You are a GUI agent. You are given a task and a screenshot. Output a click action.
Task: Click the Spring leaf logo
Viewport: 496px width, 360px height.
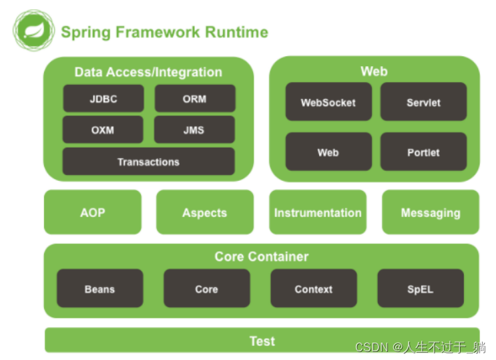click(33, 31)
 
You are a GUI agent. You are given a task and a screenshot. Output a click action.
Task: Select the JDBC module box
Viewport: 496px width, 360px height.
click(103, 99)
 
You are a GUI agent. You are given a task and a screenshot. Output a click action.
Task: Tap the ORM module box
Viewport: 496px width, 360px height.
click(195, 99)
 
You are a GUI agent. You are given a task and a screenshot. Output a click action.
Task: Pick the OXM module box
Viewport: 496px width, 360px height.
click(103, 130)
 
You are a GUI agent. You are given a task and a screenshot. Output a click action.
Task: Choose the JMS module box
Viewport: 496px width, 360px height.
click(194, 130)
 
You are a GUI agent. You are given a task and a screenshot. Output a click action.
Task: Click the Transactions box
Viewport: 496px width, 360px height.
click(148, 162)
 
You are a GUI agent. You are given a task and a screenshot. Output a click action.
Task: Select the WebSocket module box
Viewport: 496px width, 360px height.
click(328, 102)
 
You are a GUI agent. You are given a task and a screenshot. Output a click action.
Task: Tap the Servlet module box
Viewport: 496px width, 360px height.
click(423, 102)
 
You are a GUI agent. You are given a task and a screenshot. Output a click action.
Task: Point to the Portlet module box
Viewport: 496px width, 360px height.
click(423, 152)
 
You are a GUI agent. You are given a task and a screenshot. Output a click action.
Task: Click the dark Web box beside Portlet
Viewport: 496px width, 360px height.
click(328, 152)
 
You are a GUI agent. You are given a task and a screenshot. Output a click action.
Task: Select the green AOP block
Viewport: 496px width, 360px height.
click(93, 212)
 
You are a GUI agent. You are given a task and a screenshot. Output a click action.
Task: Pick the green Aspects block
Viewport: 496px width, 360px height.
click(205, 212)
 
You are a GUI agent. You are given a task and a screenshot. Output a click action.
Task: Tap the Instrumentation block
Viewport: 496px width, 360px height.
click(318, 212)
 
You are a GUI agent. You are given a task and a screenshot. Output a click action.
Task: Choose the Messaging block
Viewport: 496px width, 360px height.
click(431, 212)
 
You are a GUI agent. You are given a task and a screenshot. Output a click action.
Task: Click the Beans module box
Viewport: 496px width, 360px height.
click(100, 289)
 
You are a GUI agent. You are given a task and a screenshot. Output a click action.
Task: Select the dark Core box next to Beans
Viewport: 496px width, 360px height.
click(206, 289)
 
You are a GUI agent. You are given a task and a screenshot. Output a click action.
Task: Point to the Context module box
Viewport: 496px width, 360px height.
click(314, 289)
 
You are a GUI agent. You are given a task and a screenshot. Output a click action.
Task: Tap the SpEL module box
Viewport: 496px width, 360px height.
click(421, 289)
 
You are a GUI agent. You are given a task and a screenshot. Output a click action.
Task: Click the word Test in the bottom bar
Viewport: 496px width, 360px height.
click(262, 341)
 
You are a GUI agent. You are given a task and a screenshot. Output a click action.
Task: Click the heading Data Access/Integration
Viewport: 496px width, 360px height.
click(148, 71)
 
